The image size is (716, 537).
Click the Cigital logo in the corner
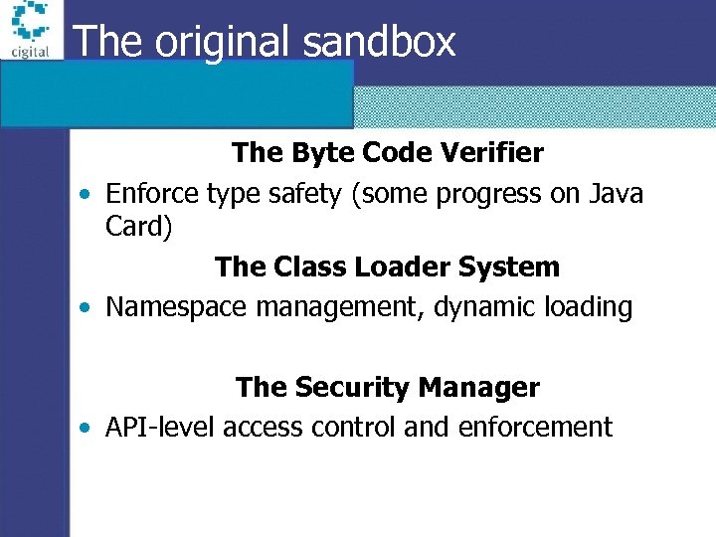click(31, 30)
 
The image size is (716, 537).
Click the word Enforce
click(152, 193)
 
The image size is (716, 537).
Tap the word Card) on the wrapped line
click(139, 227)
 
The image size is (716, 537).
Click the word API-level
click(160, 428)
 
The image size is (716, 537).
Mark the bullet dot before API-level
click(88, 429)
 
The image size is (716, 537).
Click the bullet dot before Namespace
click(88, 308)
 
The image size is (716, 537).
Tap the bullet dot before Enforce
click(88, 194)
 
